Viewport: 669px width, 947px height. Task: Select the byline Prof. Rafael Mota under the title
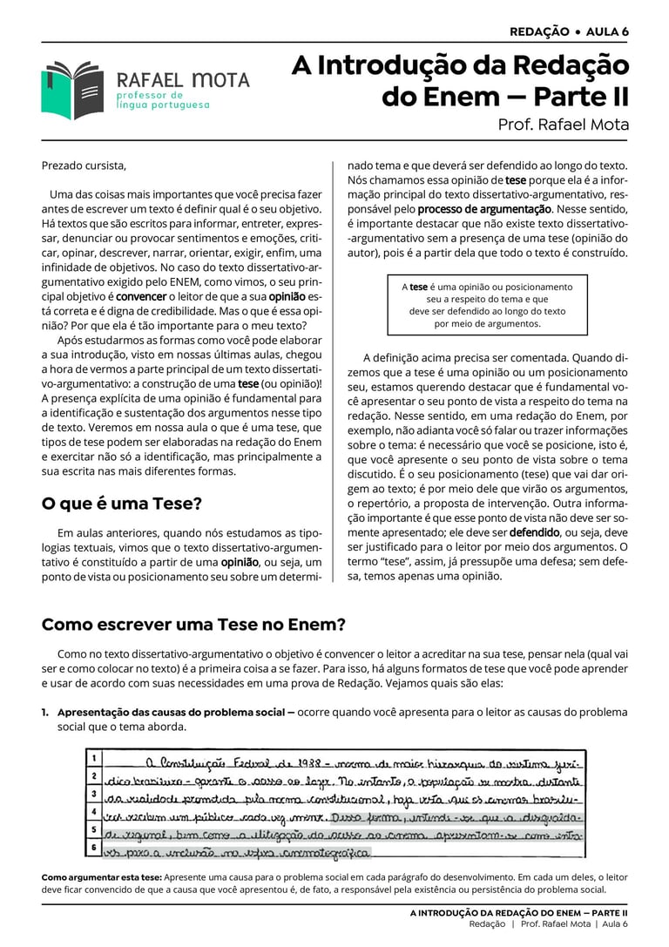click(563, 125)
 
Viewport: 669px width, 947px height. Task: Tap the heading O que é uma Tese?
click(122, 504)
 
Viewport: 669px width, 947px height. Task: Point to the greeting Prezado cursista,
click(84, 166)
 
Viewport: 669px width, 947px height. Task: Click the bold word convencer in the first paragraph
click(142, 296)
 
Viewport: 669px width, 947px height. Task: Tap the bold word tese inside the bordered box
click(419, 287)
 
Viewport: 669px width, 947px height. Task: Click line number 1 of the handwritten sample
click(93, 758)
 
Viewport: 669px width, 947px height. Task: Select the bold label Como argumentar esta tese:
click(101, 876)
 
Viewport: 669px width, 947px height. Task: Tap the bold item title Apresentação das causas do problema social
click(171, 713)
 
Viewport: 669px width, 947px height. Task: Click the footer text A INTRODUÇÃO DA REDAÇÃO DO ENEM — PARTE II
click(519, 911)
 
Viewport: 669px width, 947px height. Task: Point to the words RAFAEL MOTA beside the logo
click(183, 80)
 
